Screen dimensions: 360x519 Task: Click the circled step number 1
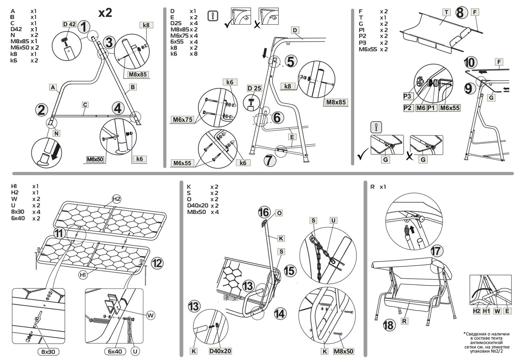tap(84, 27)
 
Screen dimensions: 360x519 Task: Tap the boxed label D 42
tap(69, 24)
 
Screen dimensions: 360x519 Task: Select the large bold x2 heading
tap(105, 12)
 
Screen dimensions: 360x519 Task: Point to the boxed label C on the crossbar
tap(85, 104)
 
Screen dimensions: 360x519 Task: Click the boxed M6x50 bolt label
tap(95, 159)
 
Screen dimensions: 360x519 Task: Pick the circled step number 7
tap(270, 160)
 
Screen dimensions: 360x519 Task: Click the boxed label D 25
tap(254, 88)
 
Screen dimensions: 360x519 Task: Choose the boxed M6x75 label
tap(183, 120)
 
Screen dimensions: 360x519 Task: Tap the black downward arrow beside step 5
tap(265, 53)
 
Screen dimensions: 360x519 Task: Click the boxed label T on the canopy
tap(446, 12)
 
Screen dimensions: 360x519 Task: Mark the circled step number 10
tap(470, 63)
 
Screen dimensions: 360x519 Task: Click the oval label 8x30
tap(48, 352)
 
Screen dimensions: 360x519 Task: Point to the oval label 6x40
tap(115, 351)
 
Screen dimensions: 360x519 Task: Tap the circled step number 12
tap(157, 263)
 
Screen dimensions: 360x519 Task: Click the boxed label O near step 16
tap(279, 213)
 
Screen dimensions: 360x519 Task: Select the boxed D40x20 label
tap(220, 351)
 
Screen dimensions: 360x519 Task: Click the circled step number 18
tap(389, 325)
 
